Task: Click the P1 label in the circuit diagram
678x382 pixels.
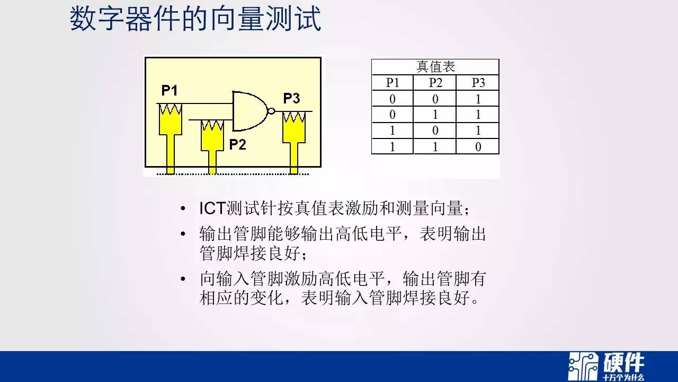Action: click(169, 90)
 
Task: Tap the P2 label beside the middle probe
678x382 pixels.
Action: click(238, 145)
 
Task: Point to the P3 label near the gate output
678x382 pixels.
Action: click(291, 98)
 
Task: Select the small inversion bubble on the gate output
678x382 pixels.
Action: click(272, 111)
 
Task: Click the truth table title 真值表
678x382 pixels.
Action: click(435, 67)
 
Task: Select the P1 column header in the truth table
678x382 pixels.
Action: click(392, 82)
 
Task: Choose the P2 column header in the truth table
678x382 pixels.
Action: click(435, 82)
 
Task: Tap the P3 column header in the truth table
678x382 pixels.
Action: click(478, 82)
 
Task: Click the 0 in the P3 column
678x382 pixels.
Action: click(478, 147)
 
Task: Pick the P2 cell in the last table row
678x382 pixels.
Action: click(435, 147)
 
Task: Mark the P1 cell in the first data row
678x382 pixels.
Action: click(392, 99)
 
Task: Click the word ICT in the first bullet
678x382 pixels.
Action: click(212, 209)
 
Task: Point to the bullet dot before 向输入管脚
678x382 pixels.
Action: click(183, 279)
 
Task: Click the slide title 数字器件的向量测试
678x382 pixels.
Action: click(195, 19)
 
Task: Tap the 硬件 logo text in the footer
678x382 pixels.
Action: click(623, 362)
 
